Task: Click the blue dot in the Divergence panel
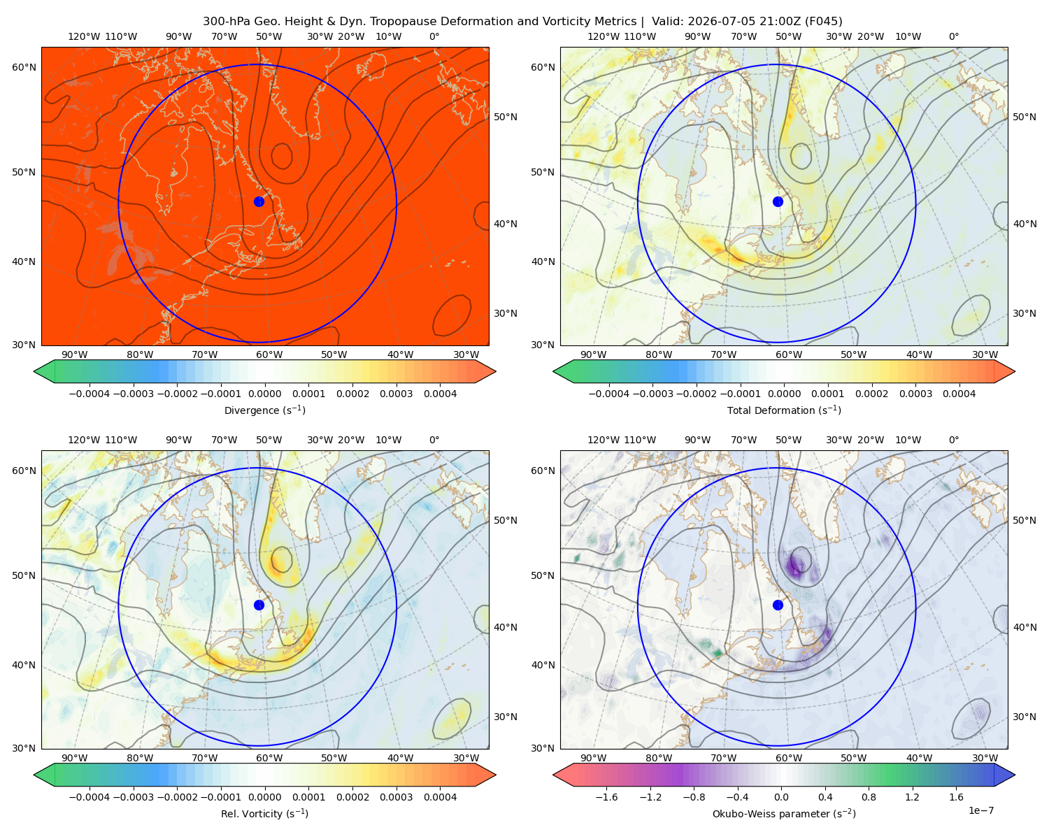tap(259, 201)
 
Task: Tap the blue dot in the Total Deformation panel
tap(778, 201)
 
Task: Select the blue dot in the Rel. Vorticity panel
tap(259, 605)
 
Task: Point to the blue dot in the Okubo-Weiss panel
tap(778, 605)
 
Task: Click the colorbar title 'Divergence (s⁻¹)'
tap(264, 410)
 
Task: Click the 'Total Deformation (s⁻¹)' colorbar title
tap(784, 410)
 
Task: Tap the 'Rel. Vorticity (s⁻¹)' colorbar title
tap(264, 813)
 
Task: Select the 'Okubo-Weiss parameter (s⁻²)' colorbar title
tap(784, 813)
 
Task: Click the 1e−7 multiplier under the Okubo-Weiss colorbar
tap(980, 810)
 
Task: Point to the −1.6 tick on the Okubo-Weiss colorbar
tap(606, 797)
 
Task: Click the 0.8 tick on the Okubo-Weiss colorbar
tap(869, 797)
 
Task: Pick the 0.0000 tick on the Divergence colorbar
tap(264, 394)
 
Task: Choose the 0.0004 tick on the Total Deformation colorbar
tap(959, 394)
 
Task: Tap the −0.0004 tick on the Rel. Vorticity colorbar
tap(90, 797)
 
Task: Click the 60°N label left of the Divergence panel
tap(24, 67)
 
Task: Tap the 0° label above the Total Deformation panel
tap(953, 36)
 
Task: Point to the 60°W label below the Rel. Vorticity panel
tap(269, 758)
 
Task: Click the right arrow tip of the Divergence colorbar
tap(495, 371)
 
